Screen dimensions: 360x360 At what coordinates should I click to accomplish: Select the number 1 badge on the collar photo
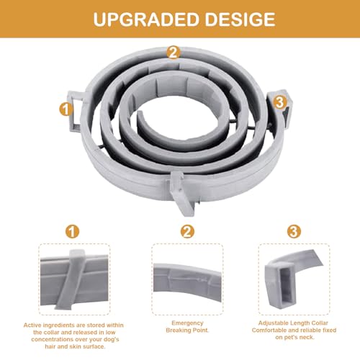66,109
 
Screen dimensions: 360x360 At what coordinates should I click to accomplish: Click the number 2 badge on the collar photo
174,53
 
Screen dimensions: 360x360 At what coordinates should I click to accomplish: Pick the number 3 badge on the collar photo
279,102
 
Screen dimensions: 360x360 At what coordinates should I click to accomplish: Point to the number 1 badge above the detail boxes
72,232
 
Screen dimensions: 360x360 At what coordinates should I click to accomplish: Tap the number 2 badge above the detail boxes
187,232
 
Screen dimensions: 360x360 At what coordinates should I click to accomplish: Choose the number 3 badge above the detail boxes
294,232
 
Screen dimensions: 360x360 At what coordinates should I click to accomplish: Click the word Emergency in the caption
187,323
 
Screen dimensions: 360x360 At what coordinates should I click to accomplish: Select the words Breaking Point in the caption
187,330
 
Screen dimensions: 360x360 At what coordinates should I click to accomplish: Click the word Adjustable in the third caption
272,323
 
